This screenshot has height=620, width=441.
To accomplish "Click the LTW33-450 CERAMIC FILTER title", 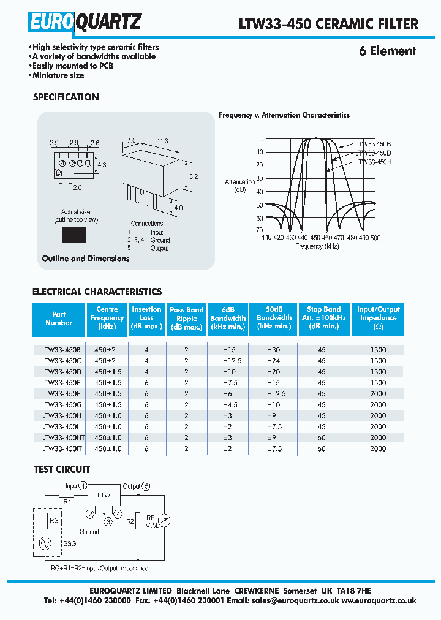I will click(328, 24).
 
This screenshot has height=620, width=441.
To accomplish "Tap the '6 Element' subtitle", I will click(387, 51).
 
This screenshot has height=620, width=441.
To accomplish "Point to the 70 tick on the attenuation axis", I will click(260, 229).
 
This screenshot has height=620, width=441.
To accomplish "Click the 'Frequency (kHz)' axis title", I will click(317, 246).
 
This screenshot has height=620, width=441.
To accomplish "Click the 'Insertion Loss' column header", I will click(147, 318).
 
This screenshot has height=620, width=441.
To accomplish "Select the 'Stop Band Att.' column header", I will click(323, 318).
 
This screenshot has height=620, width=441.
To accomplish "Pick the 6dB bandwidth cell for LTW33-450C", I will click(228, 361).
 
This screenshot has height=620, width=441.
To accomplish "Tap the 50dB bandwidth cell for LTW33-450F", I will click(274, 393).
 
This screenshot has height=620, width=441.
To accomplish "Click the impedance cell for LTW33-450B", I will click(378, 350).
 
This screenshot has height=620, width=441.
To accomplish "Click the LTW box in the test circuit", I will click(105, 494).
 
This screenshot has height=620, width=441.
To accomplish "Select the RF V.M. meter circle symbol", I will click(164, 520).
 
